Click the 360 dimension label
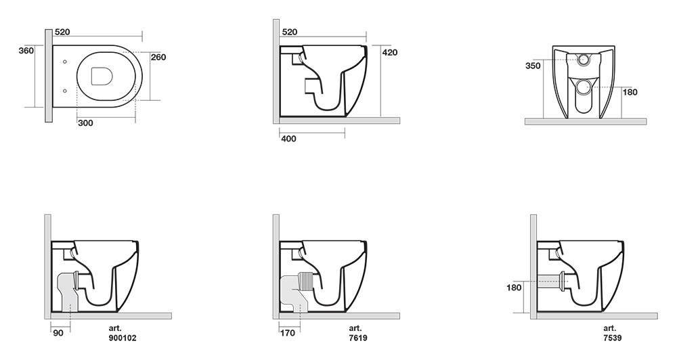26,51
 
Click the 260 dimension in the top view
158,57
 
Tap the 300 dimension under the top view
85,123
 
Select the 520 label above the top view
62,32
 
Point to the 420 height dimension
390,53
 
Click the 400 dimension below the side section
288,139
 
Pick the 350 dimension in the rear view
533,66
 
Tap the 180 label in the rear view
630,92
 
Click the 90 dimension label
58,333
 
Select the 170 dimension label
288,333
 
